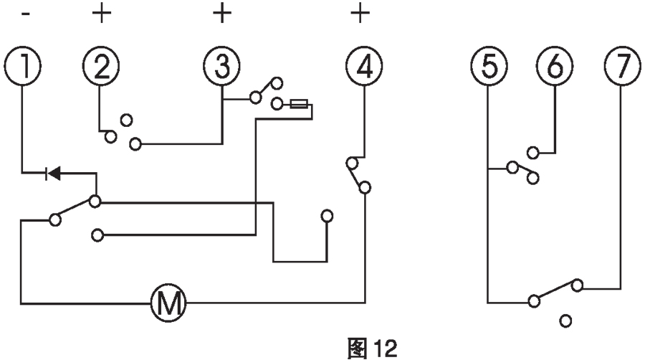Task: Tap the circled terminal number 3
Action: click(222, 66)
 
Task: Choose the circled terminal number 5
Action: click(487, 66)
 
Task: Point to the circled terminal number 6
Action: click(555, 66)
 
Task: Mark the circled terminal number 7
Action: click(621, 66)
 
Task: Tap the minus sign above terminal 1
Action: click(27, 14)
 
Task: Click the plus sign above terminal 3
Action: click(222, 14)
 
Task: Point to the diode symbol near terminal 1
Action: click(52, 172)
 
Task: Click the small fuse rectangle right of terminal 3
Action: click(300, 105)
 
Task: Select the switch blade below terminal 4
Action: click(357, 176)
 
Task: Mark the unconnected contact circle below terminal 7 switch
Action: click(566, 321)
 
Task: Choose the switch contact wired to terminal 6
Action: click(533, 152)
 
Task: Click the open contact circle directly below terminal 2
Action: click(126, 118)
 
